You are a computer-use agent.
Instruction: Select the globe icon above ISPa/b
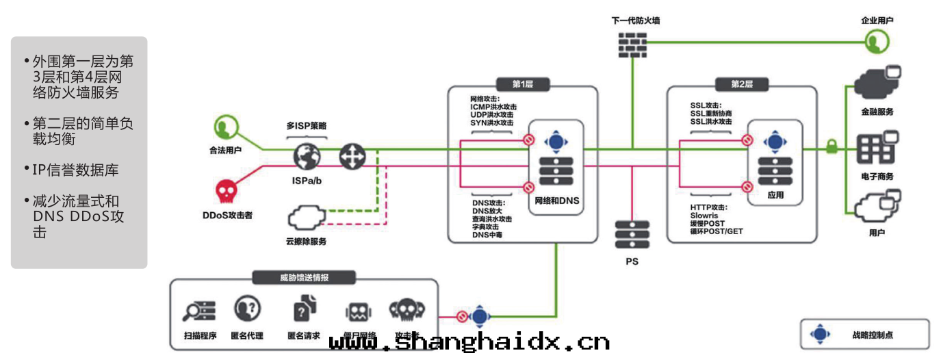point(307,156)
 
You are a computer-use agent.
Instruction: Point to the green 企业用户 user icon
point(875,42)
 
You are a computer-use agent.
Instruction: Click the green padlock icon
point(832,146)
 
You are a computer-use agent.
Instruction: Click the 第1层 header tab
point(522,84)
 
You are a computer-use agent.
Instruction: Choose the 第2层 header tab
point(741,84)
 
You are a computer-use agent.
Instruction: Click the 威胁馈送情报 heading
point(304,277)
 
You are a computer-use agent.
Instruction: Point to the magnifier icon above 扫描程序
point(199,311)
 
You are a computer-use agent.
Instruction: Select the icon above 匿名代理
point(246,309)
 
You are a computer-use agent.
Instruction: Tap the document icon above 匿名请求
point(304,309)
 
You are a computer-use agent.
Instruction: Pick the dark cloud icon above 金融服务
point(877,83)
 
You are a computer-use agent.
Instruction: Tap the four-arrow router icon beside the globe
point(353,157)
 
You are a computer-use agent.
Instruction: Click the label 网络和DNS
point(556,202)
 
